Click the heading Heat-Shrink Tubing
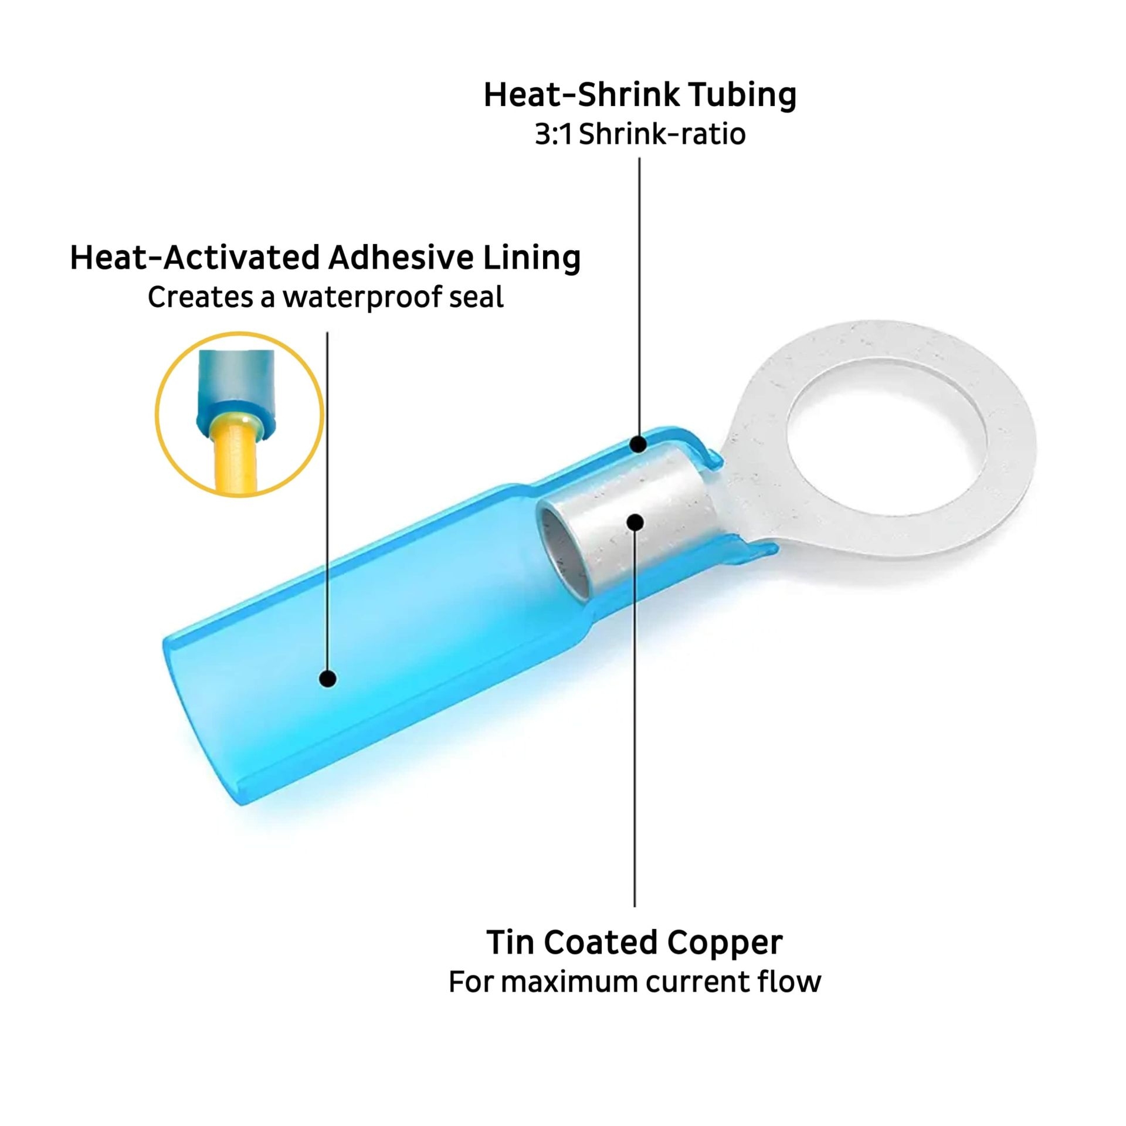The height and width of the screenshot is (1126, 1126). click(640, 95)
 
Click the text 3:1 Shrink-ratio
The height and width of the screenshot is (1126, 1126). click(640, 134)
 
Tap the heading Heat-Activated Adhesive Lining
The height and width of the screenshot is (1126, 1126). click(325, 258)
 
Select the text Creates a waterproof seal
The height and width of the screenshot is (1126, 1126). click(325, 297)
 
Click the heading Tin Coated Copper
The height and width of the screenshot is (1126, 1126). click(635, 942)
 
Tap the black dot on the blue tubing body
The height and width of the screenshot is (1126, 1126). click(328, 679)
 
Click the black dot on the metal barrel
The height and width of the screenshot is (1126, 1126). click(635, 522)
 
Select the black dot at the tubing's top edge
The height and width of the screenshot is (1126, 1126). click(639, 445)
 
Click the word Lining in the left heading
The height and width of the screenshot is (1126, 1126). click(531, 258)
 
